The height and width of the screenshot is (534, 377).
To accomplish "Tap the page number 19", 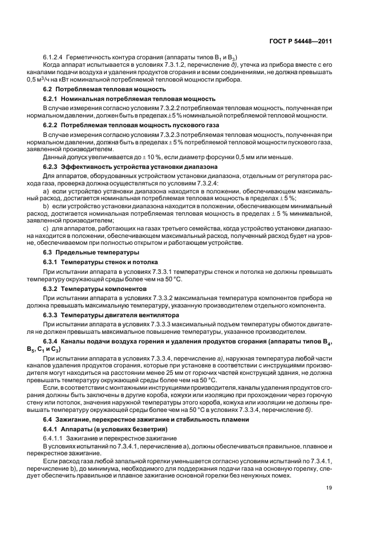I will click(329, 487).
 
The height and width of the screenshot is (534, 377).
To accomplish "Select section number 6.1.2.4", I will click(53, 58).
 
